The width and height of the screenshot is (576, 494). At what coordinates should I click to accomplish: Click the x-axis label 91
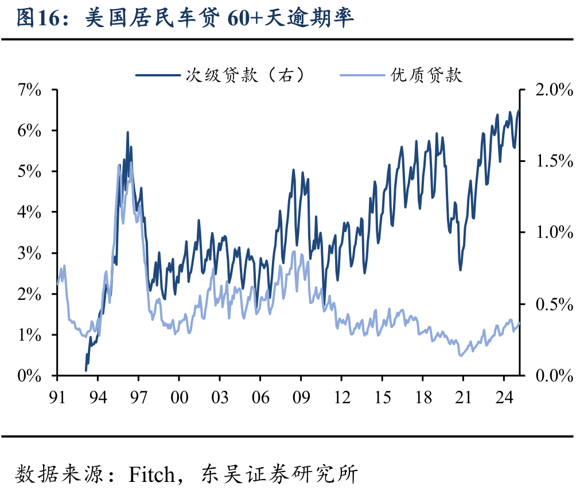[x=57, y=397]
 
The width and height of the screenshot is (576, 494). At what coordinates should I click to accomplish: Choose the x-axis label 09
[x=301, y=397]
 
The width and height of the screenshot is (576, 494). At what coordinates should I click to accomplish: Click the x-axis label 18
[x=423, y=397]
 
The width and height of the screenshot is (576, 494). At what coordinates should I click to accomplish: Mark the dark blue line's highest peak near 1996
[x=127, y=133]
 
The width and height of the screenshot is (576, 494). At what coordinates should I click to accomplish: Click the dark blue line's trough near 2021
[x=460, y=269]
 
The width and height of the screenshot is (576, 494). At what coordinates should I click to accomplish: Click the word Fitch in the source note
[x=151, y=474]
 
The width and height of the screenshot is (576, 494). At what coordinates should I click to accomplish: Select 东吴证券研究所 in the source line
[x=279, y=474]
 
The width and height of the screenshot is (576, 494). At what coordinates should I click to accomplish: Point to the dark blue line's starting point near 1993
[x=86, y=370]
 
